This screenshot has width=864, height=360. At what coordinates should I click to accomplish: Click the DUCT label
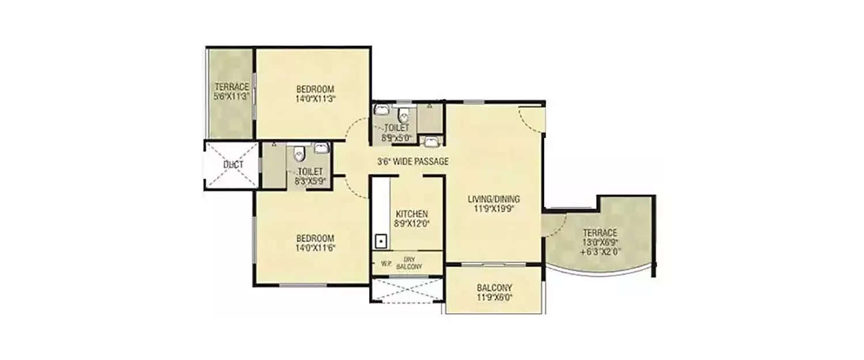point(233,165)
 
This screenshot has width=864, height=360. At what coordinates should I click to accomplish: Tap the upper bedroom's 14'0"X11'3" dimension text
point(315,98)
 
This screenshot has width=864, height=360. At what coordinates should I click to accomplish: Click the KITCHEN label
point(411,214)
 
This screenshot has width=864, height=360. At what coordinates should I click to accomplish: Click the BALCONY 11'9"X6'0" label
point(494,293)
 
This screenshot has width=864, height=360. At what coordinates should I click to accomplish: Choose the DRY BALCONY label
point(410,263)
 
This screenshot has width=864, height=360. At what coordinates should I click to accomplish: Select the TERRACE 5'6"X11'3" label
point(231,92)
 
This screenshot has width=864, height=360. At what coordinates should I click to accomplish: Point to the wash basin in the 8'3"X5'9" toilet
point(321,149)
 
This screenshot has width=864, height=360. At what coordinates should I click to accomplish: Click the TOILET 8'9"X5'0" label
point(397,132)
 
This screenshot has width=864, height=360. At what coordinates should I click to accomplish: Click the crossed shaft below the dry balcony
point(407,290)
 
